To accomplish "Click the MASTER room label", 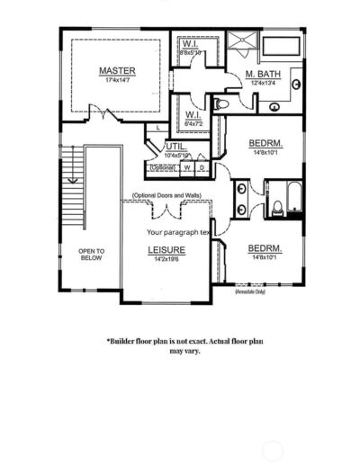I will (117, 69).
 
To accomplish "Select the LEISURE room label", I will (166, 249).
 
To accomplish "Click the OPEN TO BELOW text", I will (91, 255).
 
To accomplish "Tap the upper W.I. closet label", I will (191, 43).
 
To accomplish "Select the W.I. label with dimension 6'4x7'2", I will (193, 115).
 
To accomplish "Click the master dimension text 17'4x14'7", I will (117, 80).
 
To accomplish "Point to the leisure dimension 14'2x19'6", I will (166, 260).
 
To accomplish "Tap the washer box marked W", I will (187, 167).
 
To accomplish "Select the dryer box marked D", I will (202, 167).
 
